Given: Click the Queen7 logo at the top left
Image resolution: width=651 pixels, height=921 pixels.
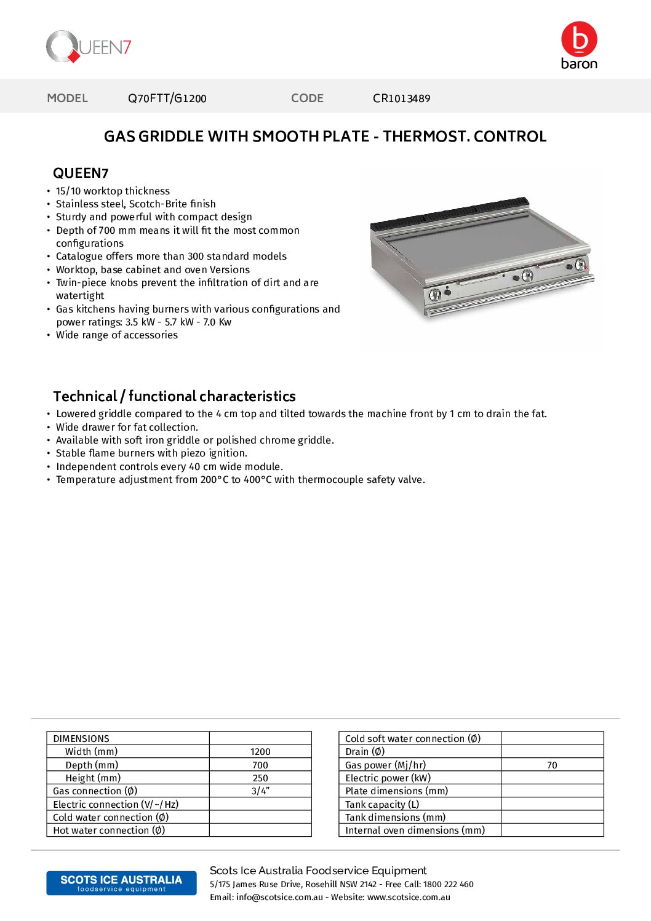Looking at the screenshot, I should [x=88, y=47].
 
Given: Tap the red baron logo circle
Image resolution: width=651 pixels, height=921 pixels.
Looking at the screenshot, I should [x=579, y=39].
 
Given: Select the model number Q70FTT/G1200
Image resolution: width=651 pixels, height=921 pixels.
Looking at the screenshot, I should [x=167, y=98].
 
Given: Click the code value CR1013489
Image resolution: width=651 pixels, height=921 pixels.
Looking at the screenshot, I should [x=401, y=98].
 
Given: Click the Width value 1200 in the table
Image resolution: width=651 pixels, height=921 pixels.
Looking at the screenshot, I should [x=260, y=752].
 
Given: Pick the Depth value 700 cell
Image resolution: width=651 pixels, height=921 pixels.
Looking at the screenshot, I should [x=260, y=765].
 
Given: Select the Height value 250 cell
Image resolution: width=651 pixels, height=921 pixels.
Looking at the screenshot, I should [x=260, y=778].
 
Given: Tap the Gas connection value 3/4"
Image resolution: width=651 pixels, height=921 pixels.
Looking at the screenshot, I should [x=260, y=791].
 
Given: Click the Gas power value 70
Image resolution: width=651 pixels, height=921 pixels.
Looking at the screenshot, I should [x=552, y=765].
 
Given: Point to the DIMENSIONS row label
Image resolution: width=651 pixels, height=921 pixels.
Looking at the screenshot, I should [x=81, y=739].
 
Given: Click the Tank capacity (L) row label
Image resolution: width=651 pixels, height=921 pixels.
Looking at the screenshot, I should [x=382, y=805].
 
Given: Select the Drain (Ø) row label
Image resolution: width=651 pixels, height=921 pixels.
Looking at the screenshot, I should [x=365, y=752].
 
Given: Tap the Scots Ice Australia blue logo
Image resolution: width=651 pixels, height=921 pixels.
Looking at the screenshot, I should [x=121, y=883].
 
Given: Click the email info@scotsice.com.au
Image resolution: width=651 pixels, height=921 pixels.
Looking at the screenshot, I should [x=279, y=898].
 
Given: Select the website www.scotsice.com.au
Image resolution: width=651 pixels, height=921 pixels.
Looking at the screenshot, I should [x=409, y=898].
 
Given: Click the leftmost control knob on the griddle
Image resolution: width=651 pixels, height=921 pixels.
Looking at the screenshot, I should [x=435, y=295].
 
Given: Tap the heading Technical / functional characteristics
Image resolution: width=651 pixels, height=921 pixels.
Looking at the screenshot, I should [x=174, y=396].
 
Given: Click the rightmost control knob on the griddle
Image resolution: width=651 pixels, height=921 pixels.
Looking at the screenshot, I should [x=580, y=265].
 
